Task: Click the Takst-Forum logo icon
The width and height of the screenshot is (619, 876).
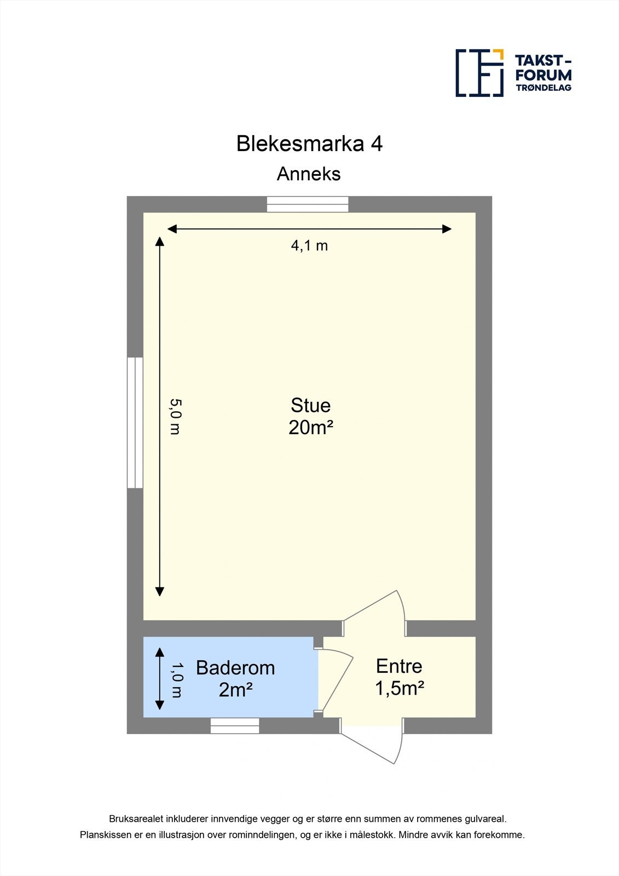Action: pyautogui.click(x=479, y=73)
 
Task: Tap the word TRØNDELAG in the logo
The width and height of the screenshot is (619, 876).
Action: pyautogui.click(x=543, y=88)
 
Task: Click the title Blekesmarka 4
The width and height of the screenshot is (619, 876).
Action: pyautogui.click(x=309, y=143)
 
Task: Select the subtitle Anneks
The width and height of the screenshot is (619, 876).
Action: pyautogui.click(x=309, y=174)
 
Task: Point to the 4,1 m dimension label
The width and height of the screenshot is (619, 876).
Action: pyautogui.click(x=309, y=246)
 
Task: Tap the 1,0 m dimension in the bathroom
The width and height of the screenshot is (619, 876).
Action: pyautogui.click(x=176, y=679)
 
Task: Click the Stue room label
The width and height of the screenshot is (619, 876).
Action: pyautogui.click(x=310, y=406)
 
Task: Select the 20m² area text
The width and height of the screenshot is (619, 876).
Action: pyautogui.click(x=311, y=428)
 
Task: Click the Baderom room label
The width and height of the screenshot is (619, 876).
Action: pyautogui.click(x=235, y=668)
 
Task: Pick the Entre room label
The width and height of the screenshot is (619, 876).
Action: pyautogui.click(x=399, y=666)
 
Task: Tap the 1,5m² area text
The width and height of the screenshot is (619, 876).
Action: pyautogui.click(x=400, y=688)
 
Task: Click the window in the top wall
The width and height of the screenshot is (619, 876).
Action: pyautogui.click(x=308, y=204)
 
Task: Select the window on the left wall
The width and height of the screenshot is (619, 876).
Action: pyautogui.click(x=135, y=422)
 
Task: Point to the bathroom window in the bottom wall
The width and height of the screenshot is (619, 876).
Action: pyautogui.click(x=235, y=725)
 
